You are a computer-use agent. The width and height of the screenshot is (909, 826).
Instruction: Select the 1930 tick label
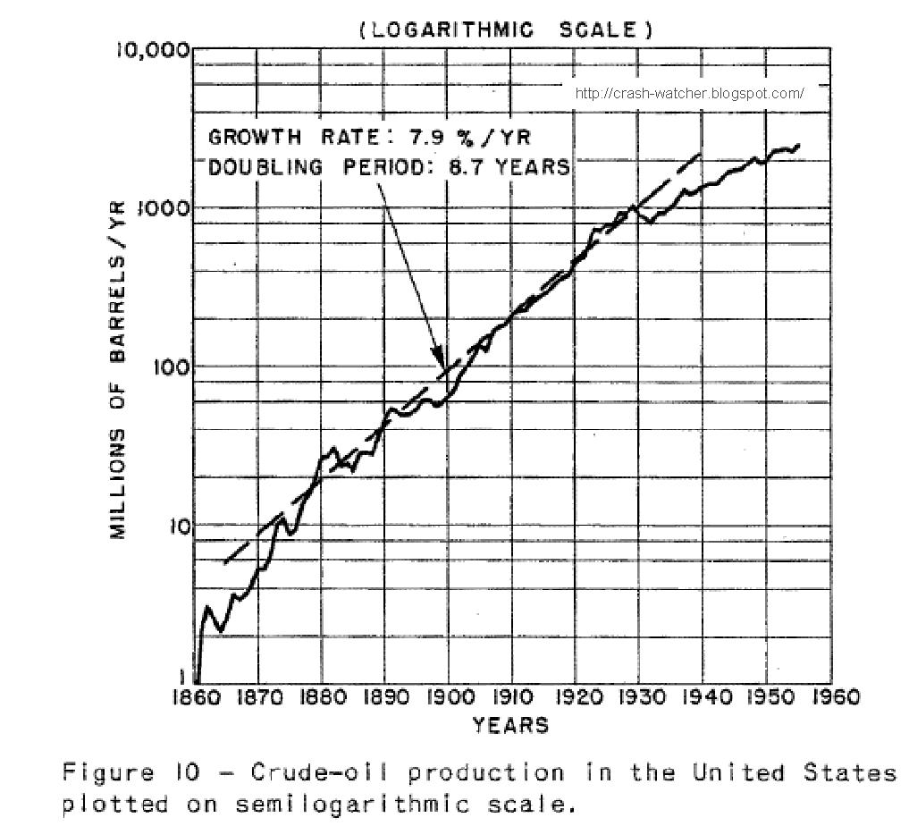(637, 697)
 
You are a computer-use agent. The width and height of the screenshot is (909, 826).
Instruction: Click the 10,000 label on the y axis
(154, 50)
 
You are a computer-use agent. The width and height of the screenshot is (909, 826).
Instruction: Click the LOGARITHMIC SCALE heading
(506, 29)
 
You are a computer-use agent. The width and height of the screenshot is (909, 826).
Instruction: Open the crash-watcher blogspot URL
(689, 93)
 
